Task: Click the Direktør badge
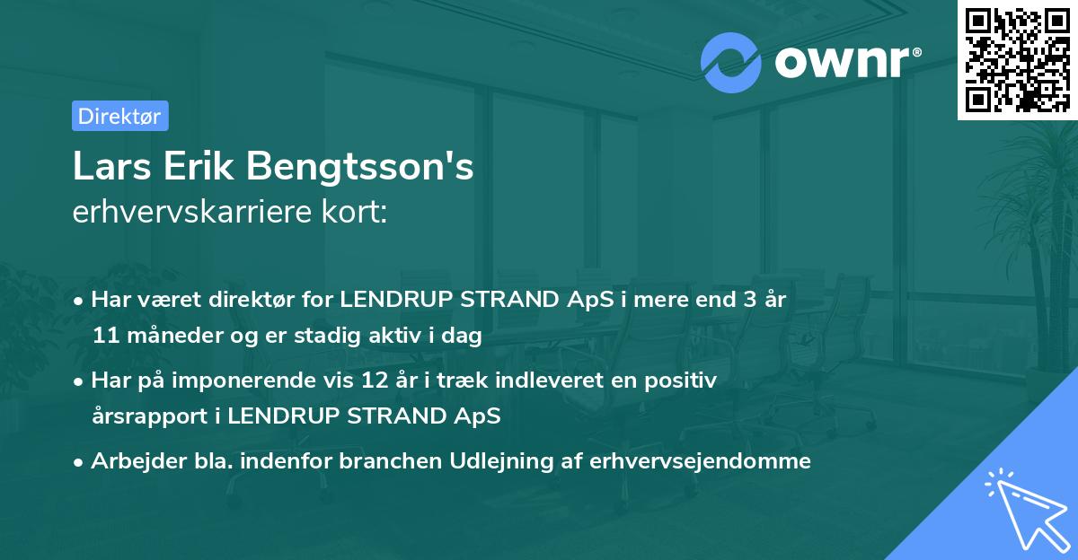[x=119, y=116]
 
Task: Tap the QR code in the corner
[x=1017, y=59]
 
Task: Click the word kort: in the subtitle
[x=354, y=213]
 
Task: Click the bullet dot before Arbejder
[x=80, y=462]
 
